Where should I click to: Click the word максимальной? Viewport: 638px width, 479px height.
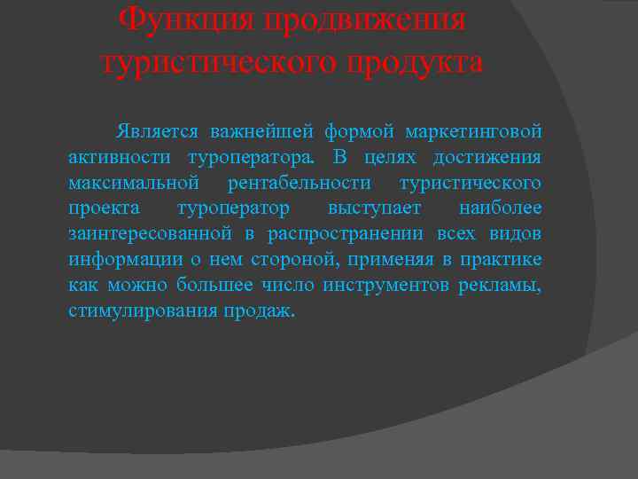pos(132,184)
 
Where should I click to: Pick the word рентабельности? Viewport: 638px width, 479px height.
pos(300,184)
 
